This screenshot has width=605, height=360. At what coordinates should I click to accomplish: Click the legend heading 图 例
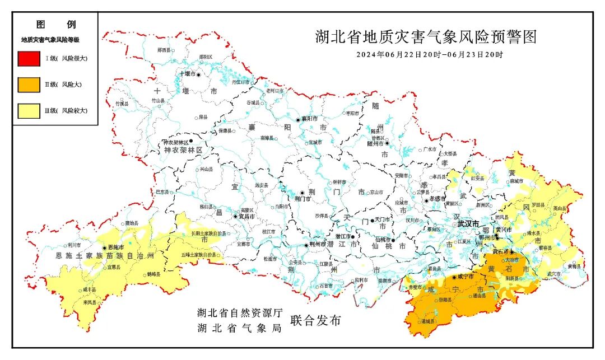pos(55,25)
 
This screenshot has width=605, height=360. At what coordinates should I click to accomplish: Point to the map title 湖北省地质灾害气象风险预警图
pos(426,38)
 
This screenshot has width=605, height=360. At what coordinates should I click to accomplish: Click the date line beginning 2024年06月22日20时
pos(429,55)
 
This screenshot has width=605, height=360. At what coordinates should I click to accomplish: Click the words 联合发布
pos(315,321)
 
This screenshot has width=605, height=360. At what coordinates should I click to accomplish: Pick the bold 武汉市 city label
pos(468,224)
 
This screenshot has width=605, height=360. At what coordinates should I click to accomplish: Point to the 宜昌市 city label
pos(247,216)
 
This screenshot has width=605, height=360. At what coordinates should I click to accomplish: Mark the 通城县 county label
pos(426,322)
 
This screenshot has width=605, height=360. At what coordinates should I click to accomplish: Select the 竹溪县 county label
pos(122,104)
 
